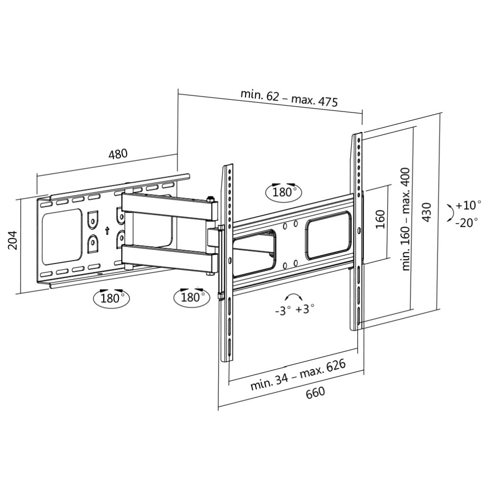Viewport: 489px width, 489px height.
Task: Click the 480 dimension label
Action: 117,154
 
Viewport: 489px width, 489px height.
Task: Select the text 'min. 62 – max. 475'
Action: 289,98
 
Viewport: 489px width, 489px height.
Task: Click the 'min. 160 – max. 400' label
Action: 406,219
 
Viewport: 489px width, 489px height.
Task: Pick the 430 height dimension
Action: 427,213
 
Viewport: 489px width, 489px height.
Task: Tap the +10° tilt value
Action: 468,205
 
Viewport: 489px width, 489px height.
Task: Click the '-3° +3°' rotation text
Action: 294,310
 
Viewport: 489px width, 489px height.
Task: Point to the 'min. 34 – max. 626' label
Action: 298,375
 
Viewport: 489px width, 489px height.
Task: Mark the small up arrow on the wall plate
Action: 107,231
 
